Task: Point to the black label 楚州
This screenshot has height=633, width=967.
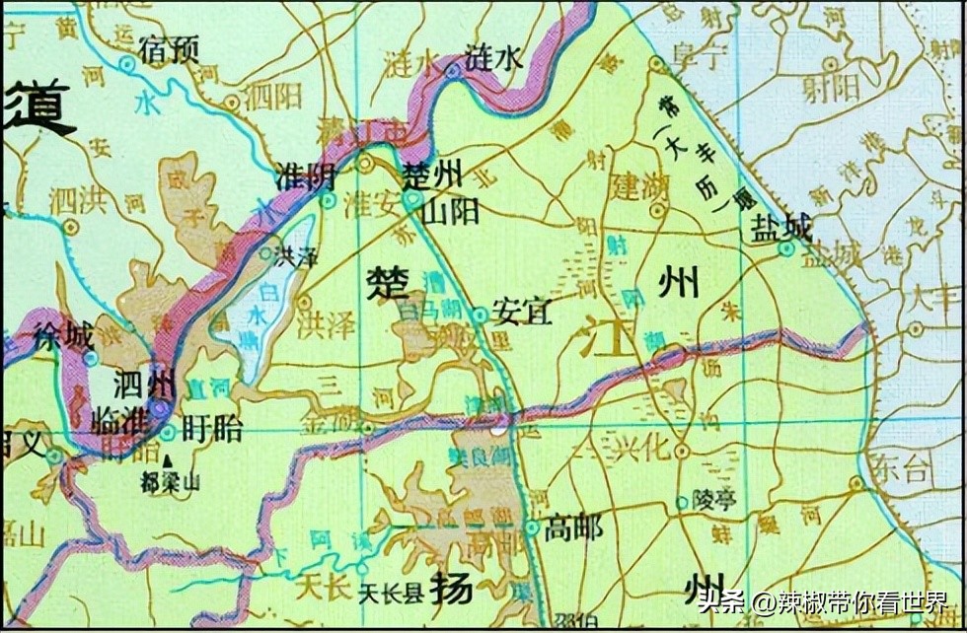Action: click(x=432, y=177)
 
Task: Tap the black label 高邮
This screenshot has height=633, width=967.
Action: click(x=573, y=528)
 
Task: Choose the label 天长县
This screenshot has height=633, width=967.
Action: click(x=389, y=594)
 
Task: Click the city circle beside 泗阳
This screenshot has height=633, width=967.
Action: click(x=231, y=101)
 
